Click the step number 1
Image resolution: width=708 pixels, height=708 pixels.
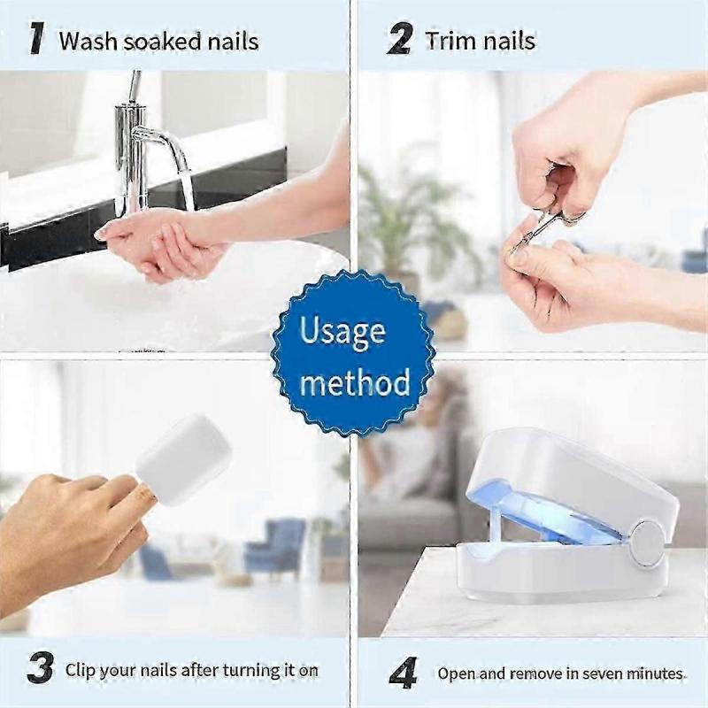37,38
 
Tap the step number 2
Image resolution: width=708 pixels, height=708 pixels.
400,39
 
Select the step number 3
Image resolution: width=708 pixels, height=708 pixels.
39,668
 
